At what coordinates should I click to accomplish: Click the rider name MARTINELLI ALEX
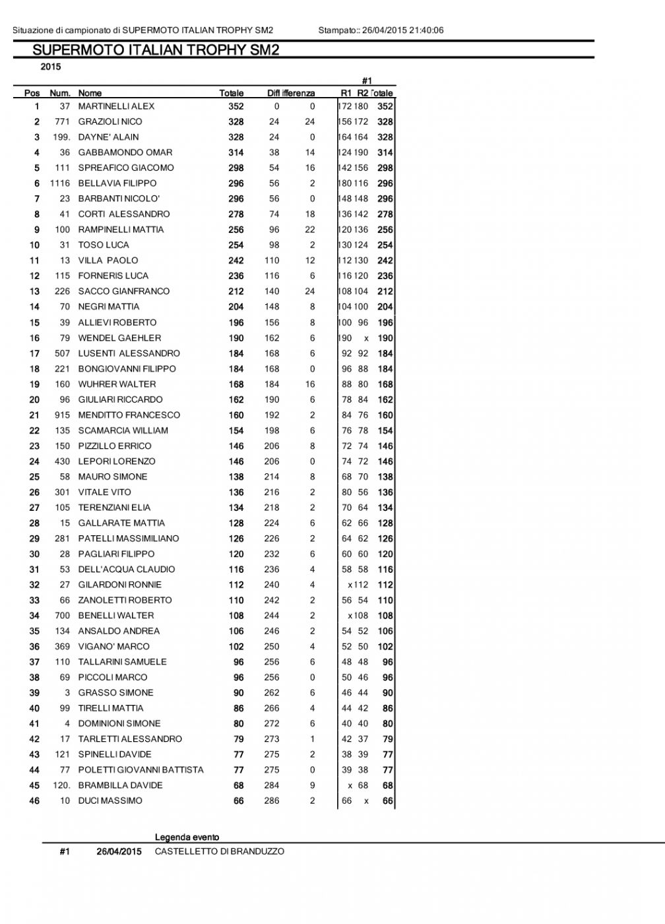click(116, 106)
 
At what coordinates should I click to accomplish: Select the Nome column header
click(90, 93)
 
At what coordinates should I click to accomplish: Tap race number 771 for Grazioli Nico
click(62, 121)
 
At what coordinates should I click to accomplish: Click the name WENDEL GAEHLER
click(119, 338)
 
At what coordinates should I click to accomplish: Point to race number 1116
click(60, 183)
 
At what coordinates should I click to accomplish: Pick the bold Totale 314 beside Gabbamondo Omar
click(236, 152)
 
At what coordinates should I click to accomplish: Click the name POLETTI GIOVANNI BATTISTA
click(141, 770)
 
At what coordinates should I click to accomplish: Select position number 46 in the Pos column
click(34, 801)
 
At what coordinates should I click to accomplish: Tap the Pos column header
click(32, 93)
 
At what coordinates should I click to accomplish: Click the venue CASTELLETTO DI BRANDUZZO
click(219, 851)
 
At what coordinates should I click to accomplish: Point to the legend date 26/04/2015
click(119, 851)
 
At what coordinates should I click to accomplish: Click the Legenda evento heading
click(187, 837)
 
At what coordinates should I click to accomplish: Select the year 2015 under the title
click(51, 67)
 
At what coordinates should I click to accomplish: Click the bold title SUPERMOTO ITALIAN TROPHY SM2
click(156, 51)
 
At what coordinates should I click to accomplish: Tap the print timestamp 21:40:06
click(426, 30)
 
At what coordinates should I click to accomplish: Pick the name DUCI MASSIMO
click(110, 801)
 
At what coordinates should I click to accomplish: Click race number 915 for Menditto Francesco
click(62, 415)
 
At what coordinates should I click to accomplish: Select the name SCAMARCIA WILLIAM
click(123, 430)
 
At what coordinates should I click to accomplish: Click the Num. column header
click(60, 93)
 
